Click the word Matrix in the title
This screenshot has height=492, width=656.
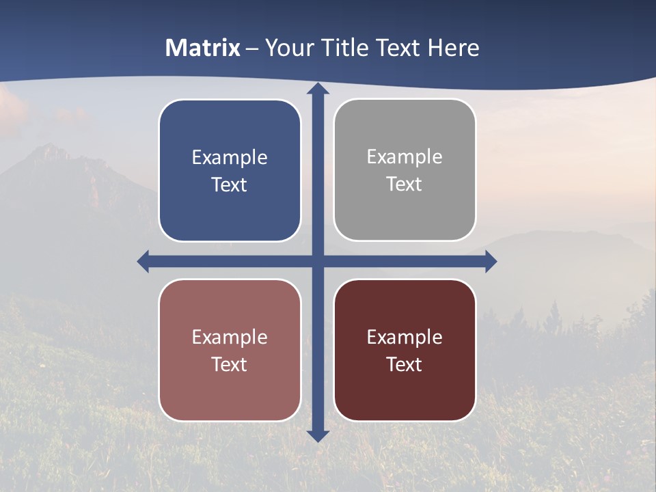point(203,48)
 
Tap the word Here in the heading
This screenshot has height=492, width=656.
point(453,48)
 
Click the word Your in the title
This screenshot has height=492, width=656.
point(288,48)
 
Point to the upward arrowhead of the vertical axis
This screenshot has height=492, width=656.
point(318,90)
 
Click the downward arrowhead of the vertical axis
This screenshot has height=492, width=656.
point(318,435)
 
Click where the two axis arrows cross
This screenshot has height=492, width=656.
point(318,261)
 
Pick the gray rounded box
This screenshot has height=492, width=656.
point(405,212)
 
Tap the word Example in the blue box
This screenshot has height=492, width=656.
point(230,158)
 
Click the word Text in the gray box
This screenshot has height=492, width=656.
point(405,184)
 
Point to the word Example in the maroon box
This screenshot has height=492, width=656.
point(405,337)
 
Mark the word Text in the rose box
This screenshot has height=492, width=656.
point(230,364)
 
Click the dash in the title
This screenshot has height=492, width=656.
point(252,49)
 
